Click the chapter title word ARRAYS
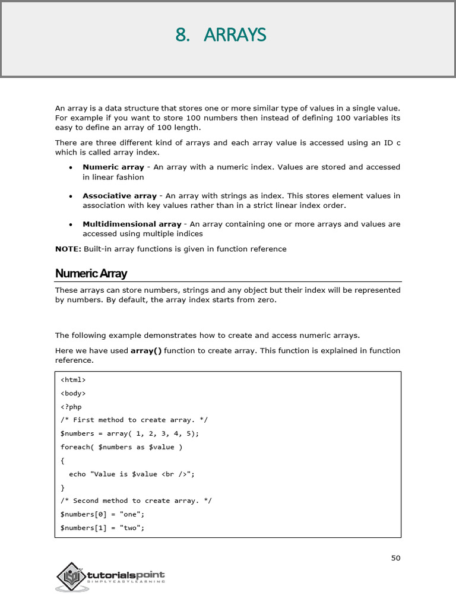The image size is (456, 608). pos(235,36)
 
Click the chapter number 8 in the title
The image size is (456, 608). pos(180,36)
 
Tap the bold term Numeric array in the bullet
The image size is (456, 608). pos(113,167)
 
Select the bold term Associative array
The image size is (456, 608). pos(119,196)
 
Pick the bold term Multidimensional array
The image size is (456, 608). pos(132,224)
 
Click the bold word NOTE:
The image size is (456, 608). pos(68,249)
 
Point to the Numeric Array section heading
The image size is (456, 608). pos(91,274)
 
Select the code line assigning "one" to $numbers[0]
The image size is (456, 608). pos(103,514)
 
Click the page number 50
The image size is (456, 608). pos(396,558)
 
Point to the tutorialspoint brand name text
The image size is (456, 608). pos(126,575)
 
